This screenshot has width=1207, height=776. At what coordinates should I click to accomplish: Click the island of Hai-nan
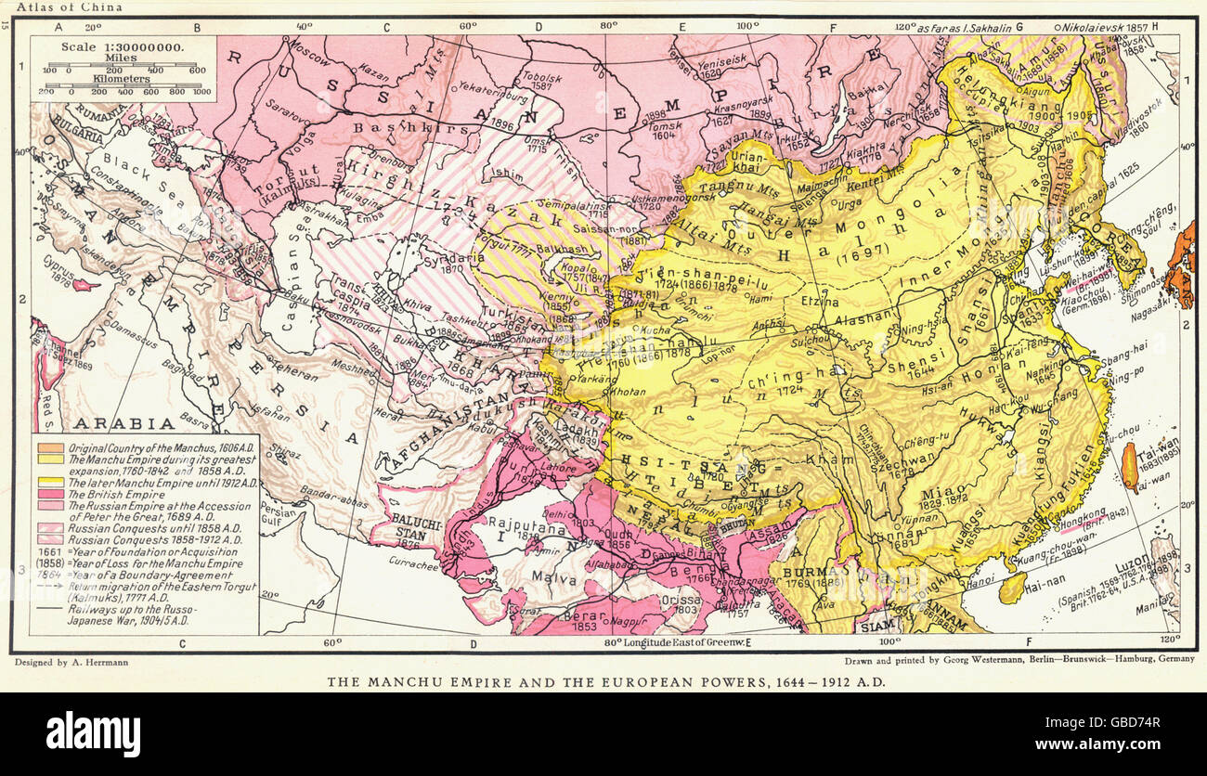pyautogui.click(x=1012, y=585)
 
